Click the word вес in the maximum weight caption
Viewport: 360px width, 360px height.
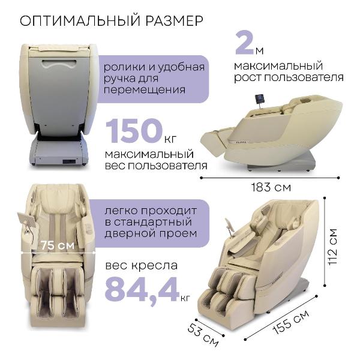[x=115, y=166]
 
